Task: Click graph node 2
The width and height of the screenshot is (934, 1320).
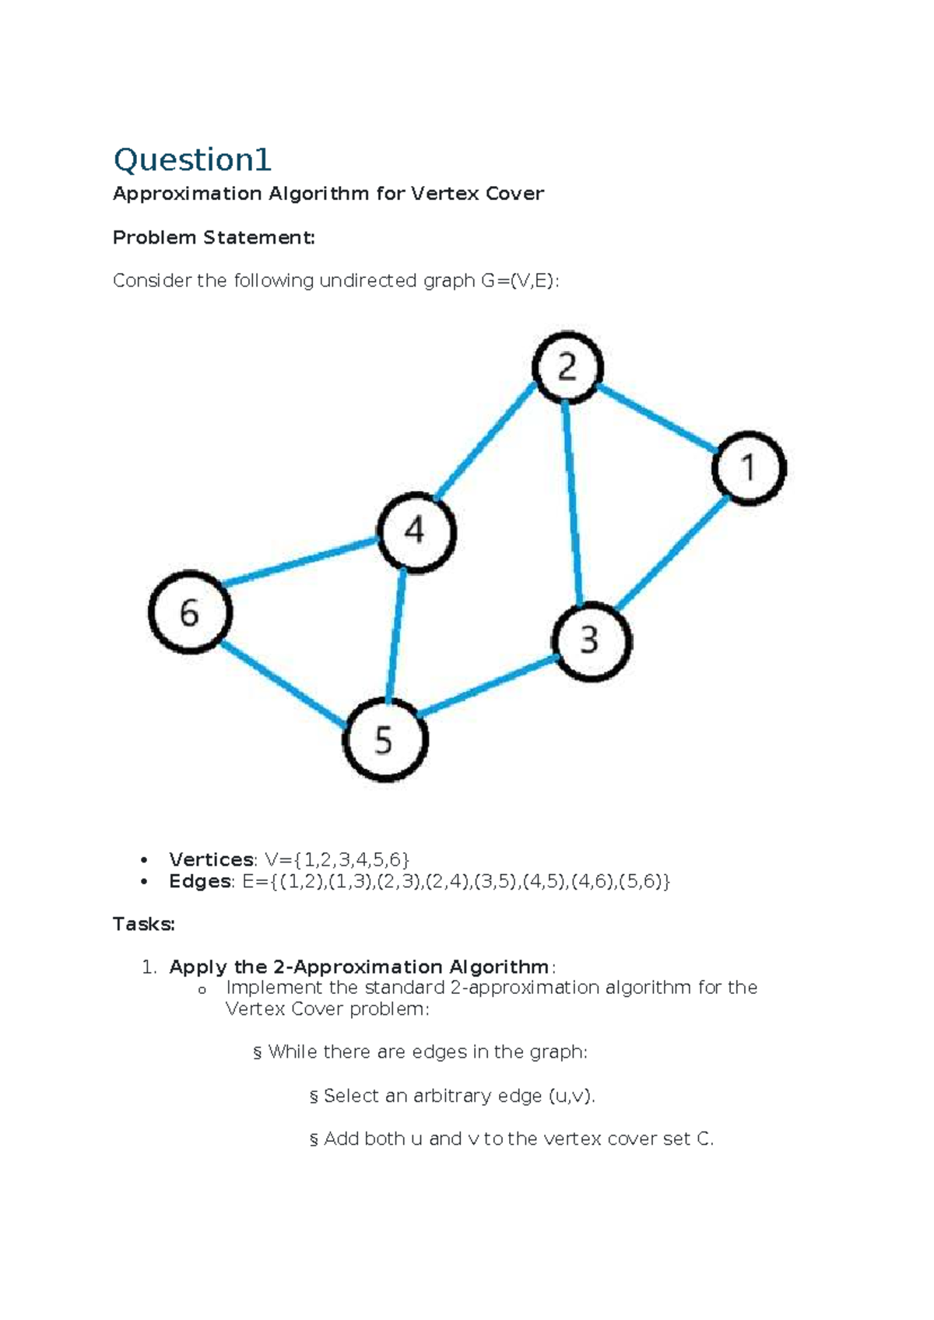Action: coord(567,367)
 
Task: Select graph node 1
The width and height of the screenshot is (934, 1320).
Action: coord(749,468)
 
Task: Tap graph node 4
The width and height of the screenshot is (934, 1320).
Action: coord(416,532)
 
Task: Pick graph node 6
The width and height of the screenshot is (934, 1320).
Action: coord(190,612)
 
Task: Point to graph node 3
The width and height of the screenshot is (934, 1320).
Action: coord(592,641)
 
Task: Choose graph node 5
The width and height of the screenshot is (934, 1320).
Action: coord(384,739)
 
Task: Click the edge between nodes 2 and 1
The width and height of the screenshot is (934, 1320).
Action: coord(658,418)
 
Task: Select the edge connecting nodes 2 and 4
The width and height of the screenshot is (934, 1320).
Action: coord(485,441)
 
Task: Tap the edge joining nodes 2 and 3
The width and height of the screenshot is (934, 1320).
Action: coord(573,503)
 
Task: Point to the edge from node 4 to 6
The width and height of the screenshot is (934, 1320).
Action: coord(300,562)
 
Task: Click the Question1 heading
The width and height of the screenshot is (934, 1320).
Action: coord(192,160)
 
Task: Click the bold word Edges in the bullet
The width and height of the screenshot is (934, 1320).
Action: coord(200,881)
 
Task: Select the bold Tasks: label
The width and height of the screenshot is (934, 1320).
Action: coord(144,924)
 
